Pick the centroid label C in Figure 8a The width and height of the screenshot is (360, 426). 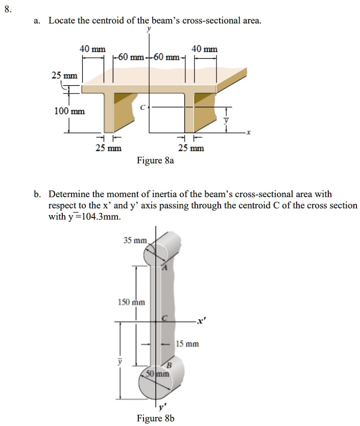point(143,107)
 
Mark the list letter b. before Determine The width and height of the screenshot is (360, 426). point(38,194)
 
